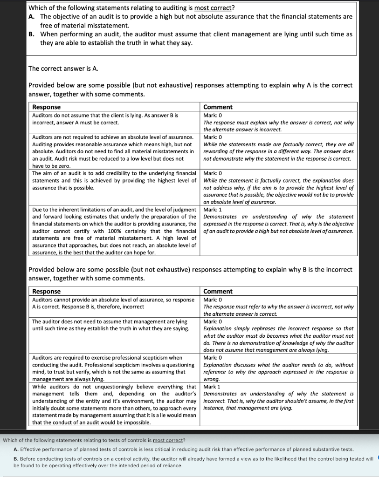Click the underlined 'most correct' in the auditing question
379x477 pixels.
pos(214,8)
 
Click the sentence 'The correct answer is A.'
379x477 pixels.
pos(63,68)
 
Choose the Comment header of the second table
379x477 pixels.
pos(218,292)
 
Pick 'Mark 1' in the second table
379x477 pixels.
pos(212,387)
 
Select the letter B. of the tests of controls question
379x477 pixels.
pos(16,459)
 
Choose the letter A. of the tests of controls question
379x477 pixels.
pos(16,450)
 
